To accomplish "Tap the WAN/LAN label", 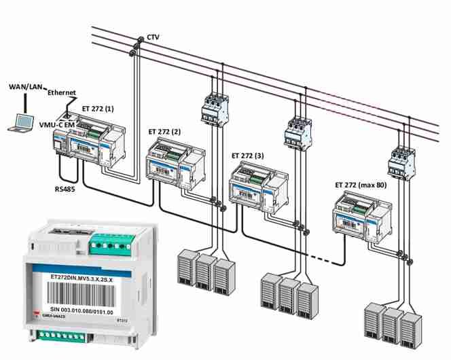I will pyautogui.click(x=24, y=87).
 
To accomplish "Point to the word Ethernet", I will pyautogui.click(x=61, y=93).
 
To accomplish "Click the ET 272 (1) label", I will pyautogui.click(x=102, y=108).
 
